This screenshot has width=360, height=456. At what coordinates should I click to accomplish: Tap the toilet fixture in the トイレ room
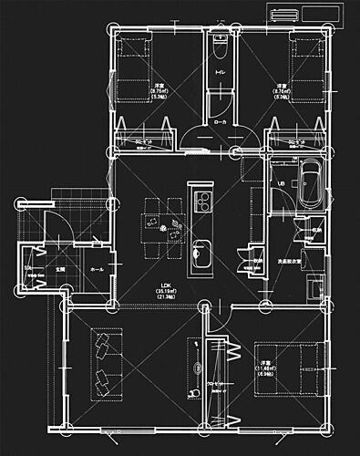[219, 46]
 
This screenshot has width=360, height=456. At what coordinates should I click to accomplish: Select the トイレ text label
[220, 72]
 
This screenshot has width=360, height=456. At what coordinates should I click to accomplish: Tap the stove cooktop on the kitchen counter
[201, 201]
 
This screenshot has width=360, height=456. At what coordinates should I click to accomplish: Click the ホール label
[98, 271]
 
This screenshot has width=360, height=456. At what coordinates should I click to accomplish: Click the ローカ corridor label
[220, 121]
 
